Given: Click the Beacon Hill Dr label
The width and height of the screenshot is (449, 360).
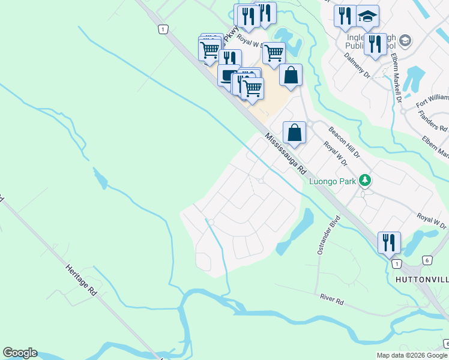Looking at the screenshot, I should [343, 142].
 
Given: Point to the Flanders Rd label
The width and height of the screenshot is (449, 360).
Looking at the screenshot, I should [433, 120].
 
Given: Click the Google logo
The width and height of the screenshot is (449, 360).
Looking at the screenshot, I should [20, 353].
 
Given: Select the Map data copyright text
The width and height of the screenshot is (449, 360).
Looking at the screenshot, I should [412, 355].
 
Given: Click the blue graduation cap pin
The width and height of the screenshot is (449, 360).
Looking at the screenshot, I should [367, 16].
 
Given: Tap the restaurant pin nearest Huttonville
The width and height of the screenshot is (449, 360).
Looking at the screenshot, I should [389, 242].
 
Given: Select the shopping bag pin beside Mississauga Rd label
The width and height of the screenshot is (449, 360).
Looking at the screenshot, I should [294, 132].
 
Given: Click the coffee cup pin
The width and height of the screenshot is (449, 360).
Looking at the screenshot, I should [229, 76].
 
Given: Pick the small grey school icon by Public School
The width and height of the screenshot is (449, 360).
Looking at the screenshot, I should [405, 41].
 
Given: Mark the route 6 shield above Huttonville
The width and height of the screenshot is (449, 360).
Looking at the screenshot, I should [426, 260].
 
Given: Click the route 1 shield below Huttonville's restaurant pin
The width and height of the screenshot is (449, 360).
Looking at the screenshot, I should [396, 263].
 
